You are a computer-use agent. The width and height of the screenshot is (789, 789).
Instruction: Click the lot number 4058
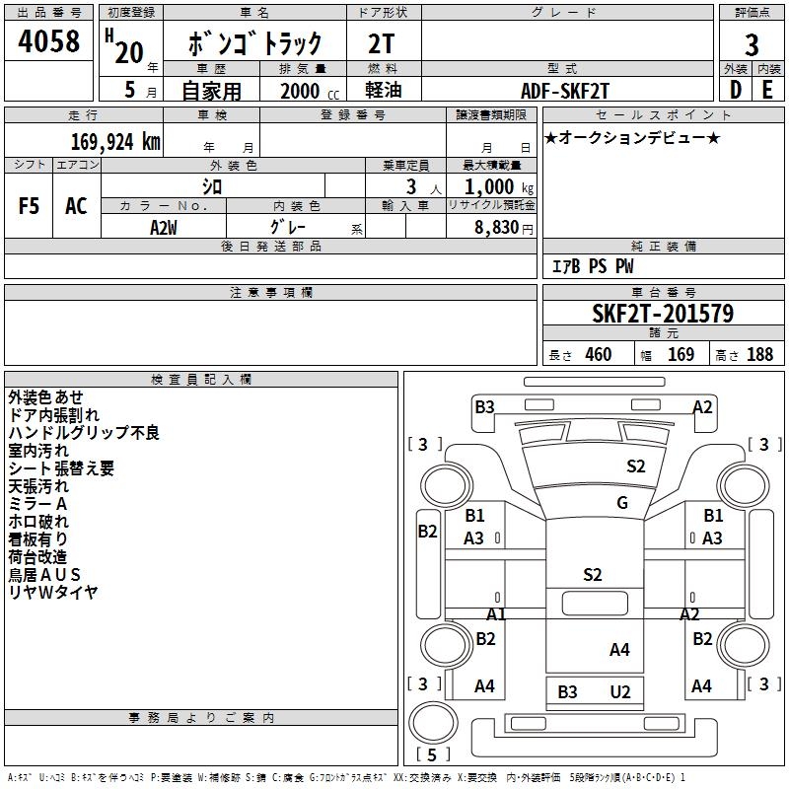click(48, 41)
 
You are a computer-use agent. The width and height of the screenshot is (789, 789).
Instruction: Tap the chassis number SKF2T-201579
click(663, 314)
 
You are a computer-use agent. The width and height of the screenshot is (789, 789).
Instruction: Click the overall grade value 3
click(752, 44)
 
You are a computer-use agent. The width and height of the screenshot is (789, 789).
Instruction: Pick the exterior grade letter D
click(735, 90)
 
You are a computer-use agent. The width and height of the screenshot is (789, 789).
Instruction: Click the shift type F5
click(29, 206)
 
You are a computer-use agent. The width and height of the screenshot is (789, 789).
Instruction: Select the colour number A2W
click(163, 227)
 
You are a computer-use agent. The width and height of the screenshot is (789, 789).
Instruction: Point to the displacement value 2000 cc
click(306, 91)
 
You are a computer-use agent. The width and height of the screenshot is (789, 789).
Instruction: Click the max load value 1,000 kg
click(493, 187)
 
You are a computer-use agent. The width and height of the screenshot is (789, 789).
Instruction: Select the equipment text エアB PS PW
click(593, 266)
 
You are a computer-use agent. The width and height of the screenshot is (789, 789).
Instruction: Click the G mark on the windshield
click(622, 503)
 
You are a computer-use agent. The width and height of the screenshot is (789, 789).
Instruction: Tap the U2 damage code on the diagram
click(619, 692)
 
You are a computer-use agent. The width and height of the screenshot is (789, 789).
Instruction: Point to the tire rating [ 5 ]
click(434, 754)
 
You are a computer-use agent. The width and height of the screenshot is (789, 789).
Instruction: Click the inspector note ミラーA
click(37, 504)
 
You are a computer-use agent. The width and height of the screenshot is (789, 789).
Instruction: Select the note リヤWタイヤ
click(53, 593)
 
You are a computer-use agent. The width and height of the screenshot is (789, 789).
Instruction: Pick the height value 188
click(760, 355)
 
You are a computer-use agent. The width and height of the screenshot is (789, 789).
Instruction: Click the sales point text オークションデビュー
click(632, 137)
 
